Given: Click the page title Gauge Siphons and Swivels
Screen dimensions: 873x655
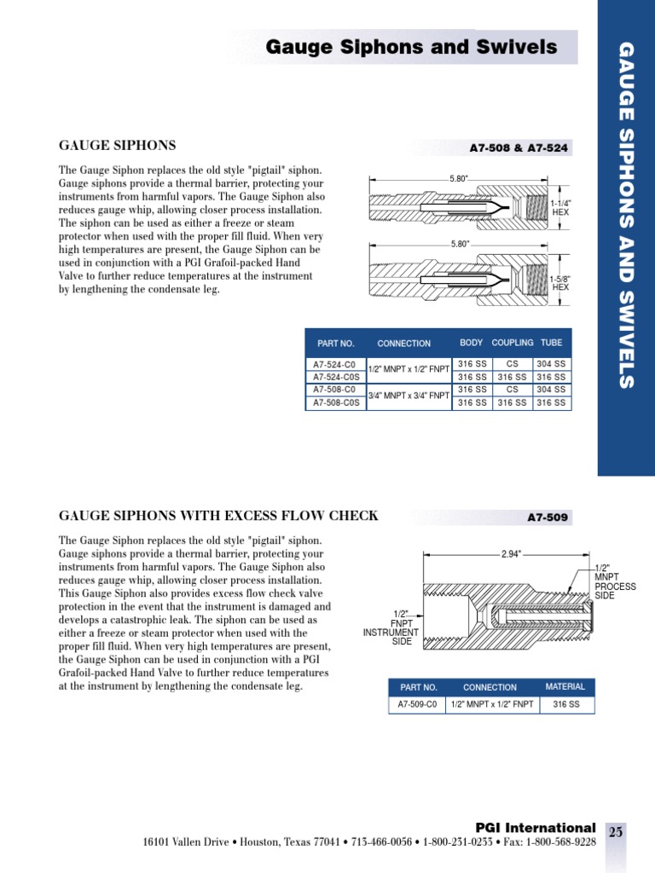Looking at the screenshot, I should (x=412, y=47).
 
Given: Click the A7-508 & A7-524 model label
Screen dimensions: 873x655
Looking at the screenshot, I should (x=519, y=148).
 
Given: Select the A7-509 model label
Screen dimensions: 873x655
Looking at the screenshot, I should (x=548, y=517).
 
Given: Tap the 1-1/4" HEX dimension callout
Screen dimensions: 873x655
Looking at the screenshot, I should (x=559, y=207).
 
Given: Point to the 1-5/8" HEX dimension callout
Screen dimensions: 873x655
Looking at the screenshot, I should (x=559, y=283).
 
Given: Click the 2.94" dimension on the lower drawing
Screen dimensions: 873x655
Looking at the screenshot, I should (x=510, y=554).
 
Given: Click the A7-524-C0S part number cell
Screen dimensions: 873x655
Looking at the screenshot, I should (x=334, y=377).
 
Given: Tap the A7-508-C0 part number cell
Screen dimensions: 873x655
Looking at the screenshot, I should (x=334, y=389).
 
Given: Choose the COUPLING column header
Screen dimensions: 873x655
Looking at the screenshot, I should (x=513, y=343).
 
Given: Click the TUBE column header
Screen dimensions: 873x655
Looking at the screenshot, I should (x=551, y=343).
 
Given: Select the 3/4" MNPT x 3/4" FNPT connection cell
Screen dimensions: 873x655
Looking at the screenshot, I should (x=409, y=396).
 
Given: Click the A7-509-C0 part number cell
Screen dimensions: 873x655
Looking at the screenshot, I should (x=417, y=705).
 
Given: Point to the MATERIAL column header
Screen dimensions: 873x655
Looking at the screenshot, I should (x=565, y=686).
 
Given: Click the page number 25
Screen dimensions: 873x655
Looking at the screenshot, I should (x=616, y=833).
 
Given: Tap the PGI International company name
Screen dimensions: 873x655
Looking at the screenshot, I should (x=535, y=828).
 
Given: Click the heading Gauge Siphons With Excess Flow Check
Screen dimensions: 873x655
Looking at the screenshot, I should (x=218, y=516).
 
